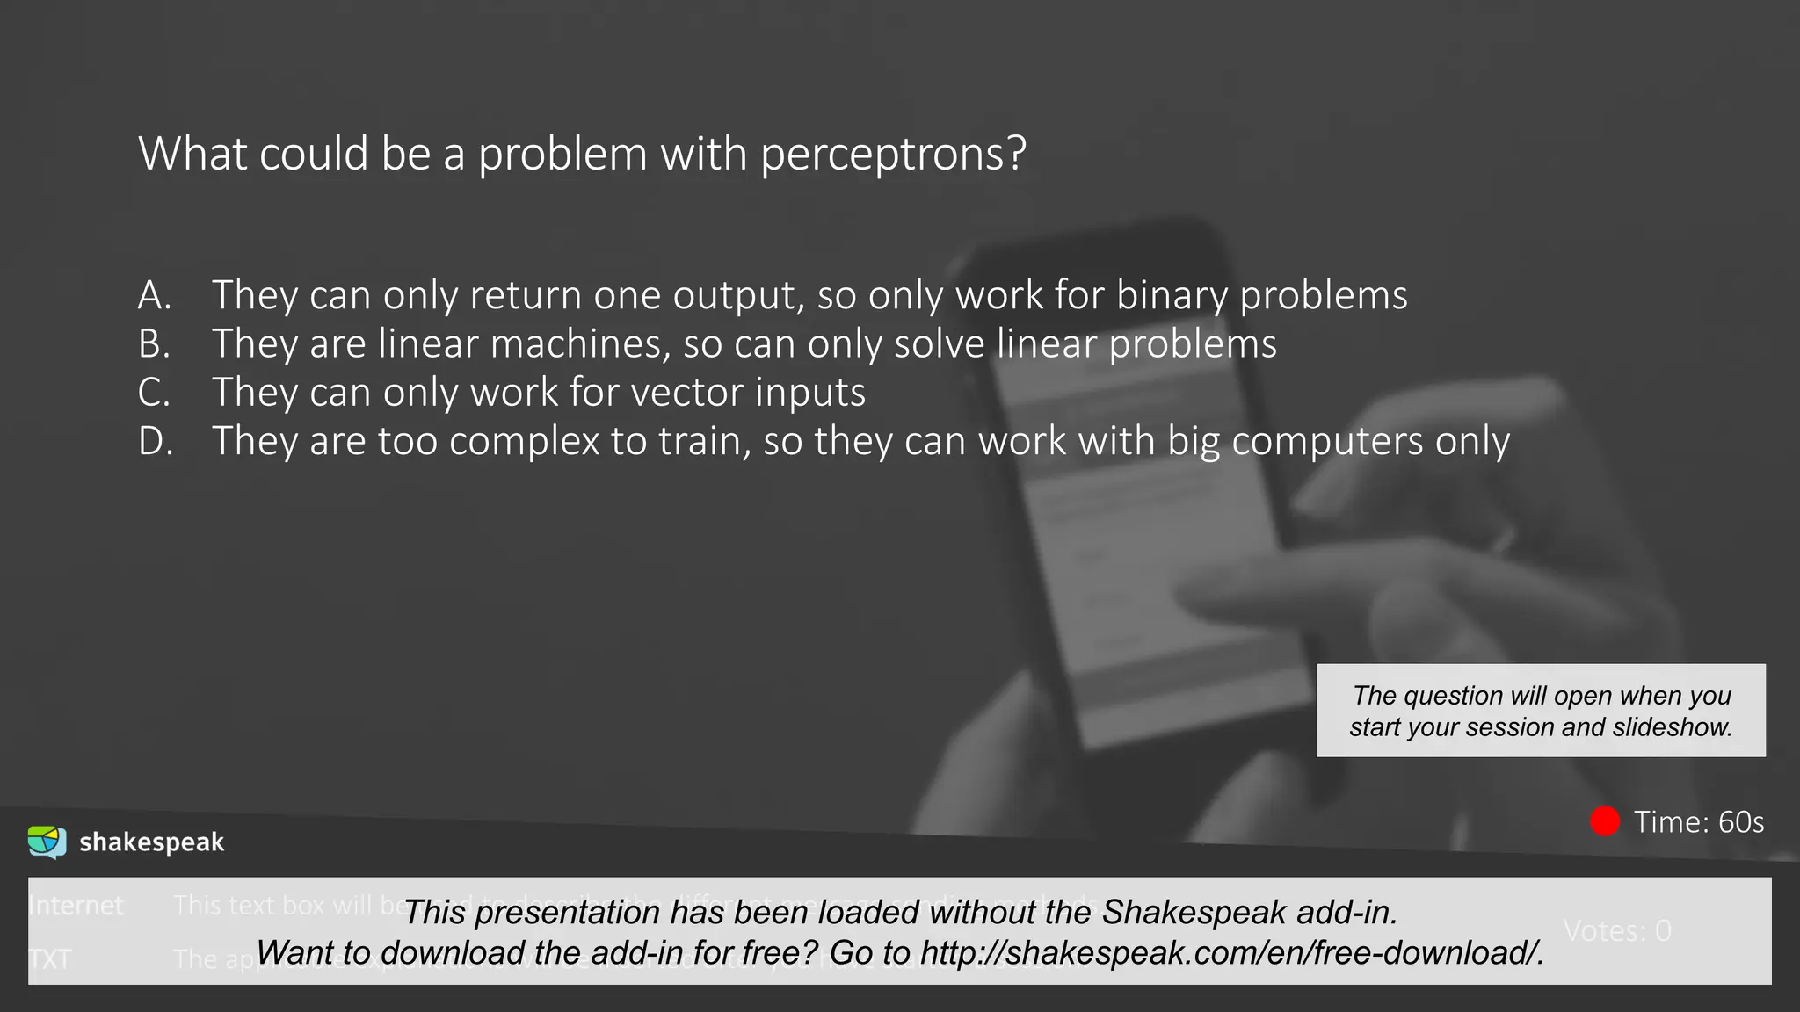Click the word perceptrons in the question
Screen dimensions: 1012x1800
pos(892,155)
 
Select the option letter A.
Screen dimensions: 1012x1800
pos(154,295)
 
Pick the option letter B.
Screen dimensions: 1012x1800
pos(154,343)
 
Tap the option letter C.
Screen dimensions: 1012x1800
pos(154,392)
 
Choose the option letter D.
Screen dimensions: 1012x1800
pos(156,441)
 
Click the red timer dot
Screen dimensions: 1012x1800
pos(1605,821)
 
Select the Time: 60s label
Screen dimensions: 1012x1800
pos(1698,822)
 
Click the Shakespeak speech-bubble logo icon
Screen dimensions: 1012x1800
pos(47,842)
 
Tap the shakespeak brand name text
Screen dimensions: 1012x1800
pos(151,842)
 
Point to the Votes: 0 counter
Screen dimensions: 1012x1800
pos(1617,930)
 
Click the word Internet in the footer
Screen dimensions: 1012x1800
pos(76,906)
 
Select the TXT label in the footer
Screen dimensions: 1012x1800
pos(50,958)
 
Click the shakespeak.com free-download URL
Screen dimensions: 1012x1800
pos(1231,952)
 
